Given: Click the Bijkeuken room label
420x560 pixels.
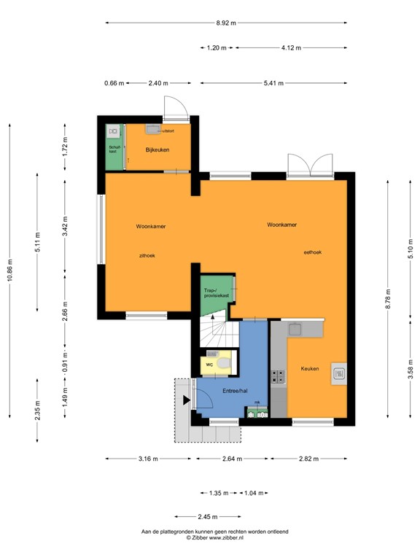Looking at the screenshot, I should pos(157,149).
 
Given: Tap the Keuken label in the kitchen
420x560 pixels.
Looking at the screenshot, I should pos(310,369).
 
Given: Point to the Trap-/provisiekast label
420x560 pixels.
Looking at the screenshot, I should pos(217,293).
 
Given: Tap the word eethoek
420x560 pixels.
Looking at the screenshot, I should pos(313,252).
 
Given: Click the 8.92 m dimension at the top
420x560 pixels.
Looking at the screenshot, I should pos(226,23).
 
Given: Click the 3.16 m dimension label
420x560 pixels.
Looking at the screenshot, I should pos(148,459).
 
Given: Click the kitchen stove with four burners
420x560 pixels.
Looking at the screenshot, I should pos(279,376).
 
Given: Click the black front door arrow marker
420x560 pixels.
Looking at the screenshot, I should pos(187,399).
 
